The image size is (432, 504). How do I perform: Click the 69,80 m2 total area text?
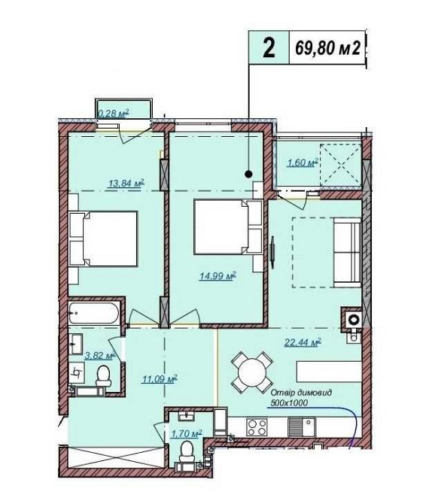click(x=327, y=49)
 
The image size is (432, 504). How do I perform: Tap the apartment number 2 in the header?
click(x=269, y=48)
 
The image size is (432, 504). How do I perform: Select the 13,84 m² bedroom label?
click(x=126, y=184)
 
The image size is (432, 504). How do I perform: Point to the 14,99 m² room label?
click(x=218, y=275)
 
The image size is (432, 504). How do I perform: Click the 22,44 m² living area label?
click(x=303, y=342)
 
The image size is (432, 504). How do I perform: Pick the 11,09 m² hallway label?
click(x=160, y=379)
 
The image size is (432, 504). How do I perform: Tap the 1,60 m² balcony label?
click(x=302, y=163)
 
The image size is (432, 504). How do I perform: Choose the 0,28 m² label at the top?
click(x=113, y=113)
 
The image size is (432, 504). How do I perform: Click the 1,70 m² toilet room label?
click(x=187, y=434)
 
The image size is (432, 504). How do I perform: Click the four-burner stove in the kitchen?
click(x=257, y=427)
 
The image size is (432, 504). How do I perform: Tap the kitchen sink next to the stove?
click(x=301, y=427)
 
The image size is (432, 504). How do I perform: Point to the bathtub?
click(x=93, y=313)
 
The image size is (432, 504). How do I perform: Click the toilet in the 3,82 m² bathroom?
click(x=104, y=376)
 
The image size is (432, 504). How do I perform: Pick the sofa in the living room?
click(x=347, y=252)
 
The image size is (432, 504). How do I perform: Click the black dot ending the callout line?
click(x=248, y=175)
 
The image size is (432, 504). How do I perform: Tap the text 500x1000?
click(x=289, y=402)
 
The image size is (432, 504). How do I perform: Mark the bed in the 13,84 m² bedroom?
click(x=103, y=238)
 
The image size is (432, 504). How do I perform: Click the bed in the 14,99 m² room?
click(x=228, y=227)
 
